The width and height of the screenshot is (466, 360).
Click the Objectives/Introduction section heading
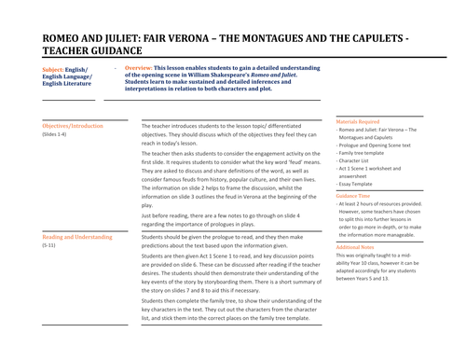73,125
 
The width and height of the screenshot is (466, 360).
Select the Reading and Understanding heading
76,237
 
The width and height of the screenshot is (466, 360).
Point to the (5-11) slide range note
51,246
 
